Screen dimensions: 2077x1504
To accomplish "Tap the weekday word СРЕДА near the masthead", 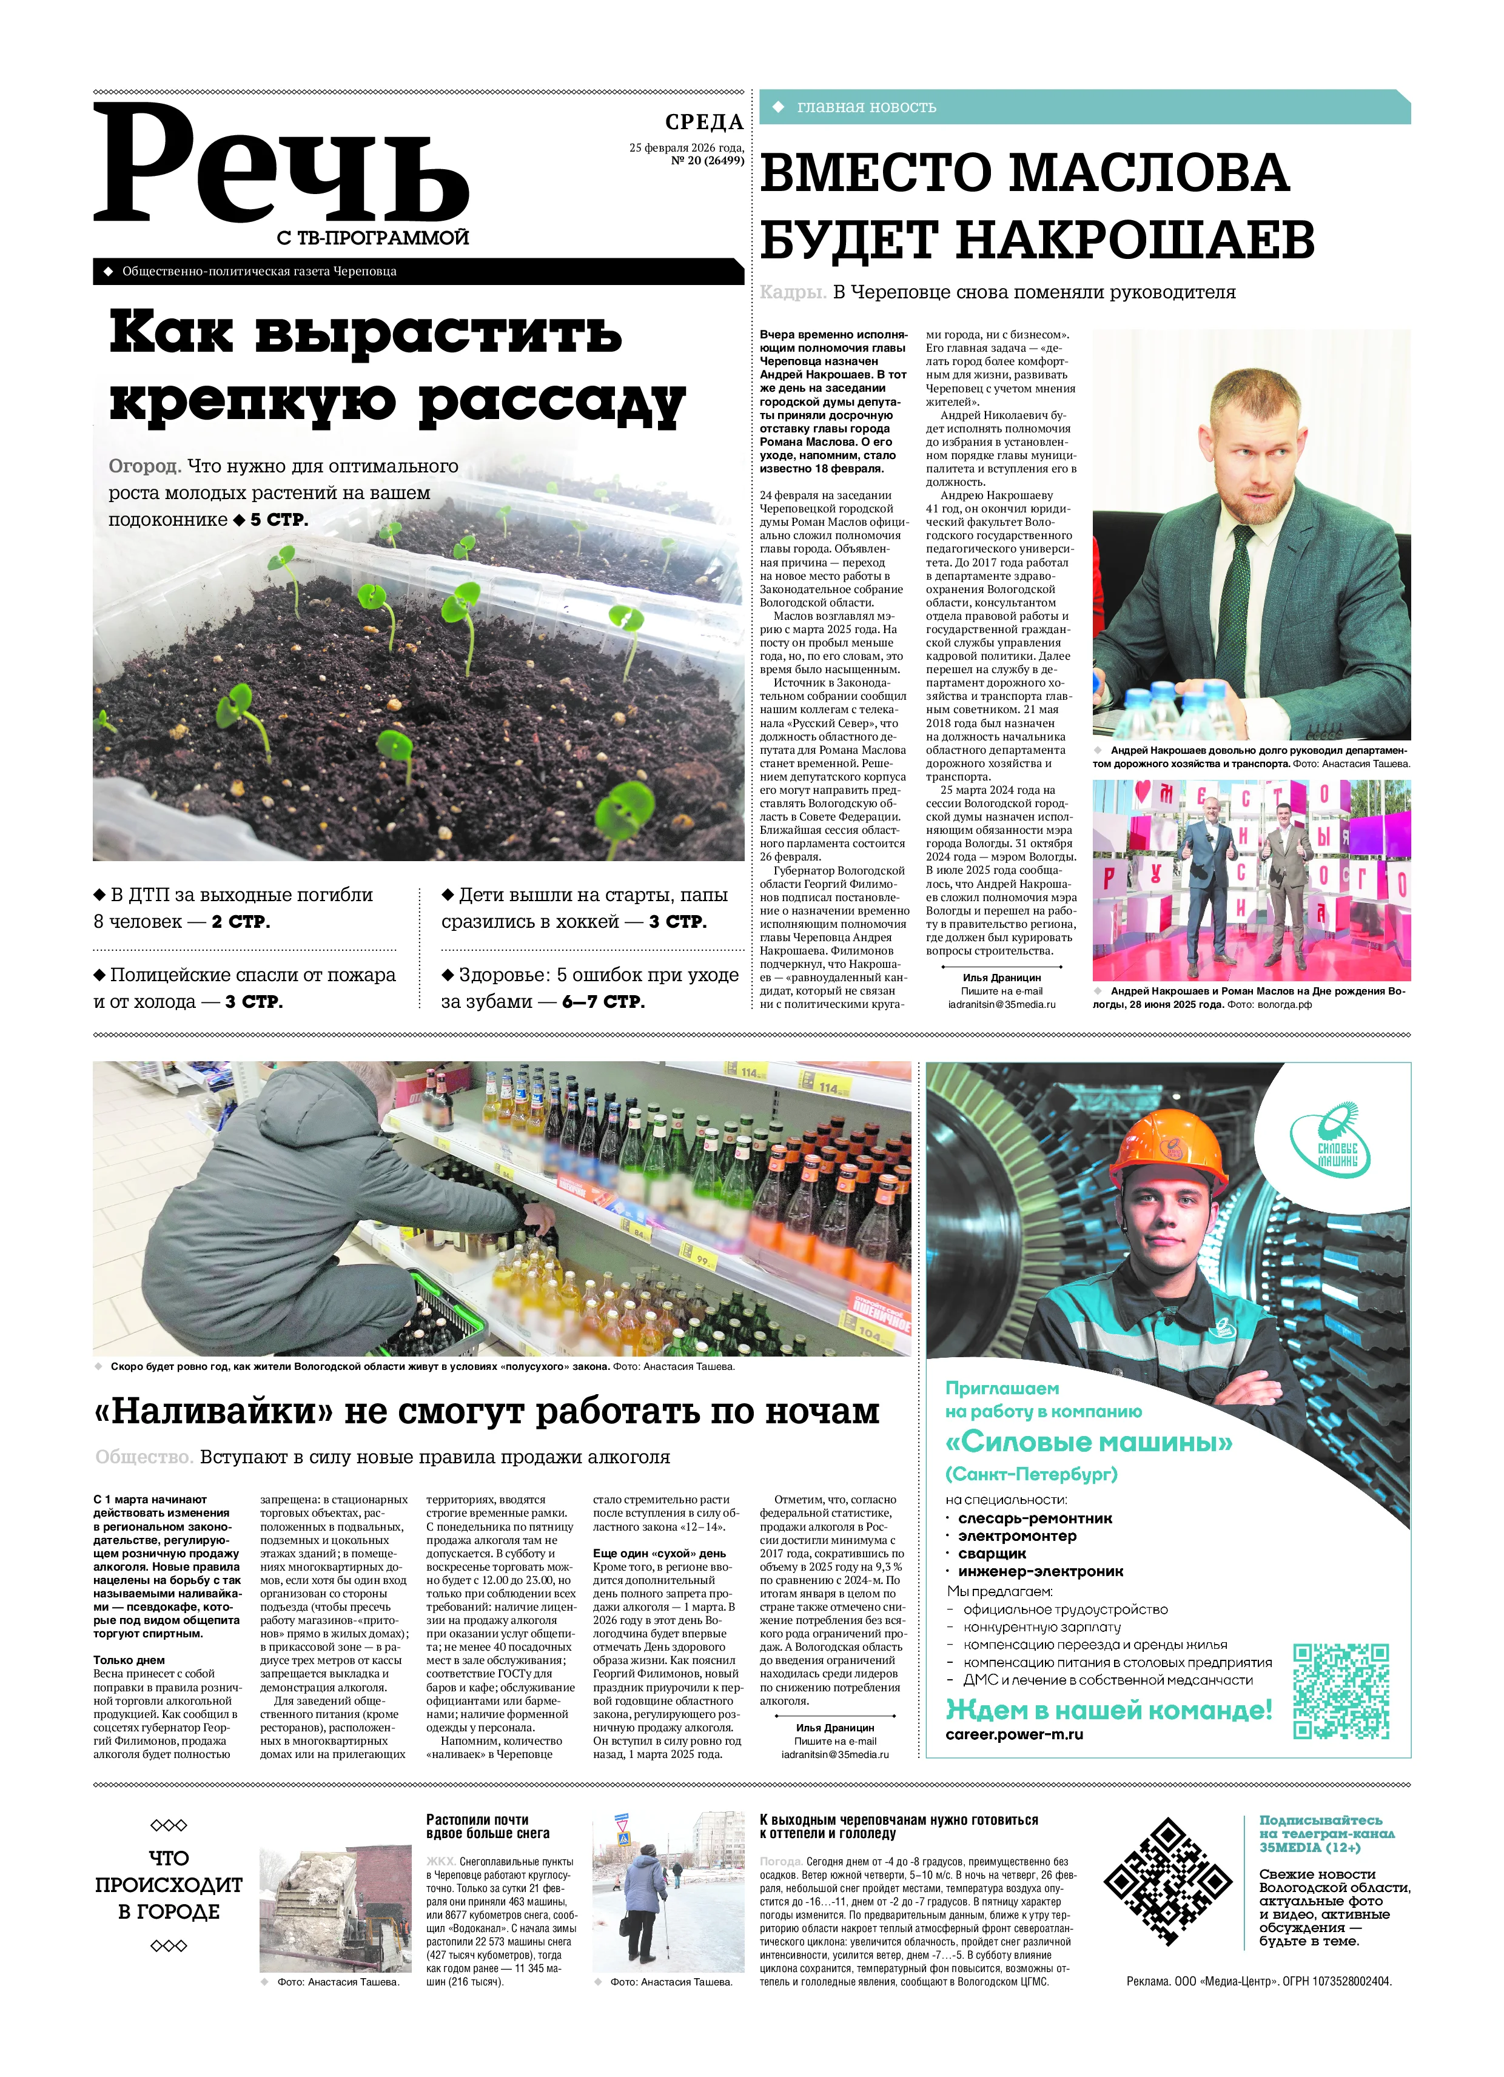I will (x=703, y=122).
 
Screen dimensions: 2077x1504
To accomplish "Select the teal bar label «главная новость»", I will (x=865, y=107).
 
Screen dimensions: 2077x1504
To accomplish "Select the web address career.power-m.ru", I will (x=1014, y=1734).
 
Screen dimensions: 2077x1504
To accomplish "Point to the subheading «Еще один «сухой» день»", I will (x=659, y=1553).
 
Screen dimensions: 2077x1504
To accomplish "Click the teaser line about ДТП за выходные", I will (x=233, y=908).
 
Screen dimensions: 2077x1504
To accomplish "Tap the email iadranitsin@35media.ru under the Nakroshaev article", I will (x=1001, y=1004).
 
